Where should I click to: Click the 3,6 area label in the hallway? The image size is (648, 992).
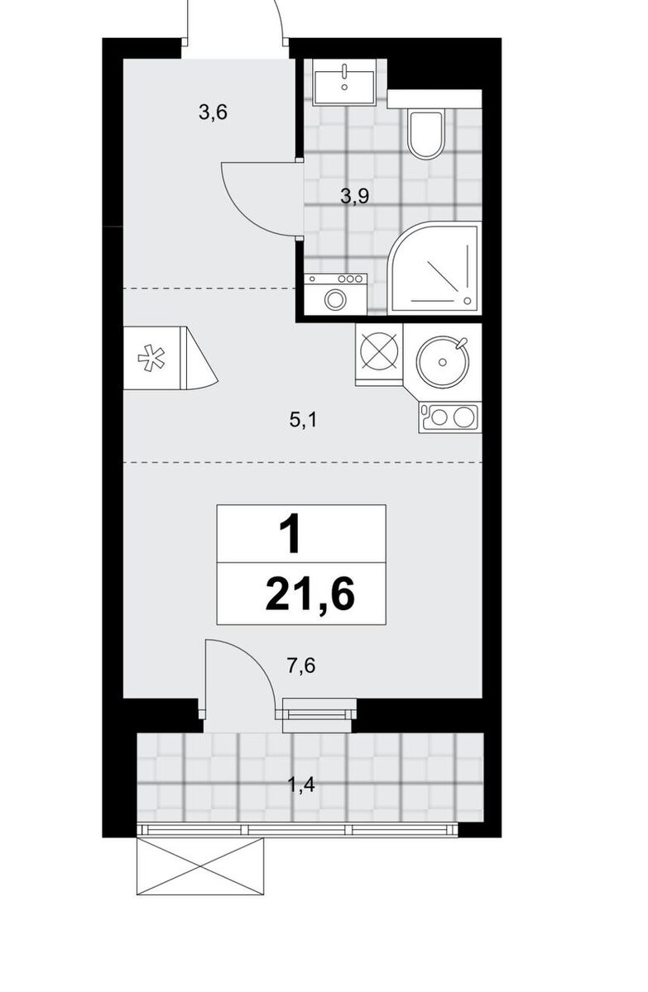[x=213, y=113]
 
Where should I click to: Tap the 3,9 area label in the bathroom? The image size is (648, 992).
[x=354, y=196]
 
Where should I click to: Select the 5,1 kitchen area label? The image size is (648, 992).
[x=303, y=420]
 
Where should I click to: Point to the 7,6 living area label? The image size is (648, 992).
[x=301, y=665]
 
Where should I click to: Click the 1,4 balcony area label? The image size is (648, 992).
[x=301, y=785]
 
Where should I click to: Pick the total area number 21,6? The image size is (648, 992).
[x=310, y=594]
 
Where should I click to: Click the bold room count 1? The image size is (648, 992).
[x=290, y=536]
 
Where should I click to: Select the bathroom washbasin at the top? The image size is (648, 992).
[x=344, y=82]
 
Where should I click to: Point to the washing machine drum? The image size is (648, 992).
[x=334, y=299]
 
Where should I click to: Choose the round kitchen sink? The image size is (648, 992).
[x=442, y=362]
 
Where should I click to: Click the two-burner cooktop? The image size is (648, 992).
[x=449, y=417]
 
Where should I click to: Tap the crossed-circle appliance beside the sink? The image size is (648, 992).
[x=379, y=352]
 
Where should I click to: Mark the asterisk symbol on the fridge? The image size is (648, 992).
[x=151, y=358]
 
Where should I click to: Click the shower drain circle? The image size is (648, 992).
[x=467, y=301]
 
